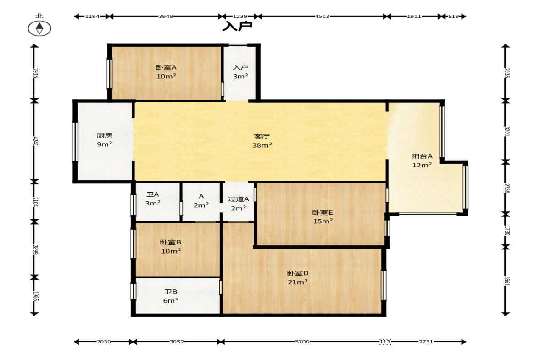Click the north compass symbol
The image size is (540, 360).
tap(39, 28)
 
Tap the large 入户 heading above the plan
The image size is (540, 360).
tap(237, 26)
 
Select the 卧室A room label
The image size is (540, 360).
tap(166, 67)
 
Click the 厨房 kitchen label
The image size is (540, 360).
tap(104, 136)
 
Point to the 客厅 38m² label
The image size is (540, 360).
tap(262, 141)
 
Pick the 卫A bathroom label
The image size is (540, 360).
tap(153, 194)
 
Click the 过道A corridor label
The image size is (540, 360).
tap(238, 199)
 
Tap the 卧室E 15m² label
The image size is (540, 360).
tap(323, 217)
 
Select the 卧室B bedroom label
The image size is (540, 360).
tap(171, 242)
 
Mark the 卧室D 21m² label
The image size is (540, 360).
tap(298, 277)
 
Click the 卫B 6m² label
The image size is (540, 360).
tap(171, 296)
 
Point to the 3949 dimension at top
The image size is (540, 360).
tap(166, 16)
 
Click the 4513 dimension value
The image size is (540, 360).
tap(323, 16)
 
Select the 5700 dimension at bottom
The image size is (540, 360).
tap(302, 342)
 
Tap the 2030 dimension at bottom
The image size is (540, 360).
tap(104, 342)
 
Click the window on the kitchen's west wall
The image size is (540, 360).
tap(74, 141)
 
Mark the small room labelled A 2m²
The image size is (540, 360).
tap(201, 202)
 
